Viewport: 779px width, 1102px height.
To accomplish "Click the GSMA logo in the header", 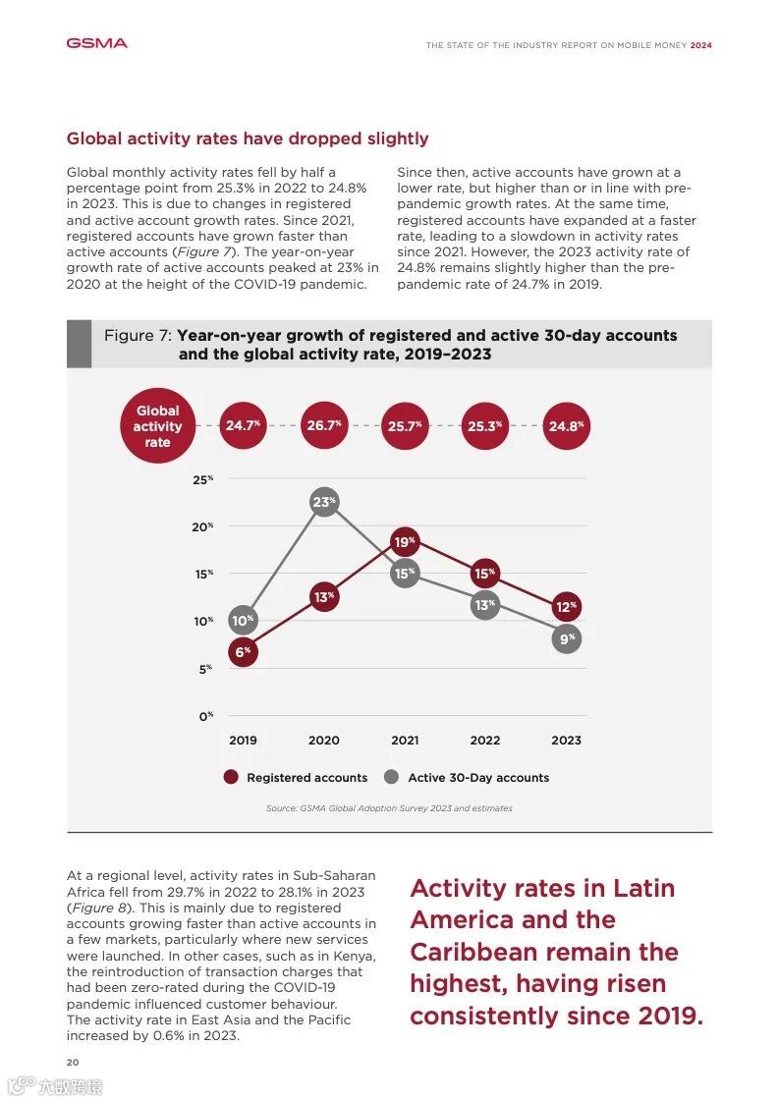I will click(96, 43).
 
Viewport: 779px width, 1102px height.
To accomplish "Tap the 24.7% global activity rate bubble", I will click(243, 426).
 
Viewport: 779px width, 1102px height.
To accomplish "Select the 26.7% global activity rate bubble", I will click(324, 426).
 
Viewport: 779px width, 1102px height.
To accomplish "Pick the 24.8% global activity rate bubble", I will click(566, 426).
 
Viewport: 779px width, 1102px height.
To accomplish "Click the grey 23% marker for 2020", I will click(324, 502).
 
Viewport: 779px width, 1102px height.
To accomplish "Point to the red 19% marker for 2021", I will click(405, 542).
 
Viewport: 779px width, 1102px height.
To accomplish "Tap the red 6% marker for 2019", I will click(243, 651).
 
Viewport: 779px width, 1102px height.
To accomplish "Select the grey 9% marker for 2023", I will click(566, 638).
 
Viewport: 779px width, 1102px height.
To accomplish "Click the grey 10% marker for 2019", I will click(243, 620).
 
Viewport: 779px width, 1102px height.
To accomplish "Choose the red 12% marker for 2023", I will click(566, 607).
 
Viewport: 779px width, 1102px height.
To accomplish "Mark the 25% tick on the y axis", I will click(203, 479).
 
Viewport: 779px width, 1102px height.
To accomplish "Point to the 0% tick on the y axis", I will click(205, 716).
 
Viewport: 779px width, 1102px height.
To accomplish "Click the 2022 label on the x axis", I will click(485, 741).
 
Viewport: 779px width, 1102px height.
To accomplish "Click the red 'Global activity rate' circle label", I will click(157, 426).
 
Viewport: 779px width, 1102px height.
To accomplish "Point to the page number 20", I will click(73, 1062).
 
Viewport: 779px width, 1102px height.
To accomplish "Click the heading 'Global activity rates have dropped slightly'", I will click(248, 138).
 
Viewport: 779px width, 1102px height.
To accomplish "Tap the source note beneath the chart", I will click(389, 808).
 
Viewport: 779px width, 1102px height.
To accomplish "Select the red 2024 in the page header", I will click(700, 45).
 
